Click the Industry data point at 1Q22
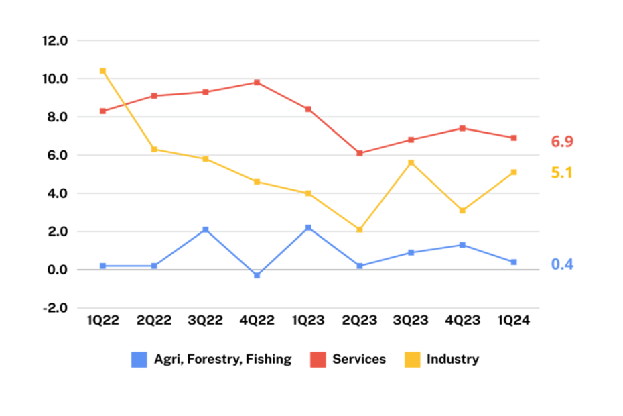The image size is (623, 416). (102, 70)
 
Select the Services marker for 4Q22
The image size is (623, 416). (257, 83)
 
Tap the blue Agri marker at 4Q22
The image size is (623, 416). (257, 275)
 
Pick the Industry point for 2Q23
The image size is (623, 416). (360, 229)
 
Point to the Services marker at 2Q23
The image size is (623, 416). (360, 153)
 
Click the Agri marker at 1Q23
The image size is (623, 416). (308, 227)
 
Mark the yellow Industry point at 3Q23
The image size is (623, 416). (411, 162)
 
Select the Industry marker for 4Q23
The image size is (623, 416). (462, 210)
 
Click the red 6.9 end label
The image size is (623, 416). (562, 142)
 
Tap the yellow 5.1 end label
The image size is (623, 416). (562, 173)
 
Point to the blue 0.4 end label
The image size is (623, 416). (562, 264)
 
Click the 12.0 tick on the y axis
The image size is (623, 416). (55, 40)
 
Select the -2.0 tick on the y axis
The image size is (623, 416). (55, 308)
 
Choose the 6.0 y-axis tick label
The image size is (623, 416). (55, 155)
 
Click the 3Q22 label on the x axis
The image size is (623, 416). (205, 321)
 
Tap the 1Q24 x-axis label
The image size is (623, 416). (514, 321)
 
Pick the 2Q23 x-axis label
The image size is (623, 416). (360, 321)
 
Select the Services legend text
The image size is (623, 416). (359, 359)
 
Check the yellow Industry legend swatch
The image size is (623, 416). (412, 360)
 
